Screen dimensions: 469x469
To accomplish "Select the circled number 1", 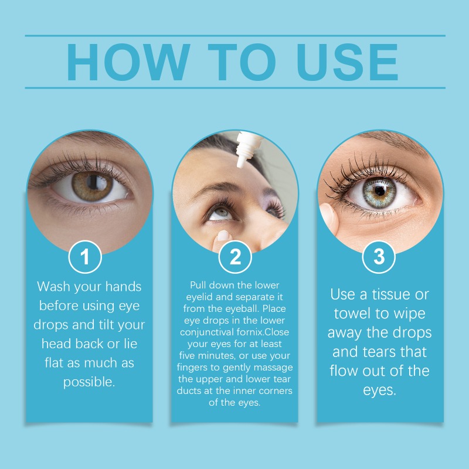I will click(x=85, y=257).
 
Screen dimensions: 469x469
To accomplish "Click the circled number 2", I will click(x=235, y=257).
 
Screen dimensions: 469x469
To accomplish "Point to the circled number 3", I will click(x=379, y=257).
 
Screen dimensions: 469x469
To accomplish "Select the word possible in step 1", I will click(x=89, y=383).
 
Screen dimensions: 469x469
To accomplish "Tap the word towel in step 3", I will click(x=356, y=313).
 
